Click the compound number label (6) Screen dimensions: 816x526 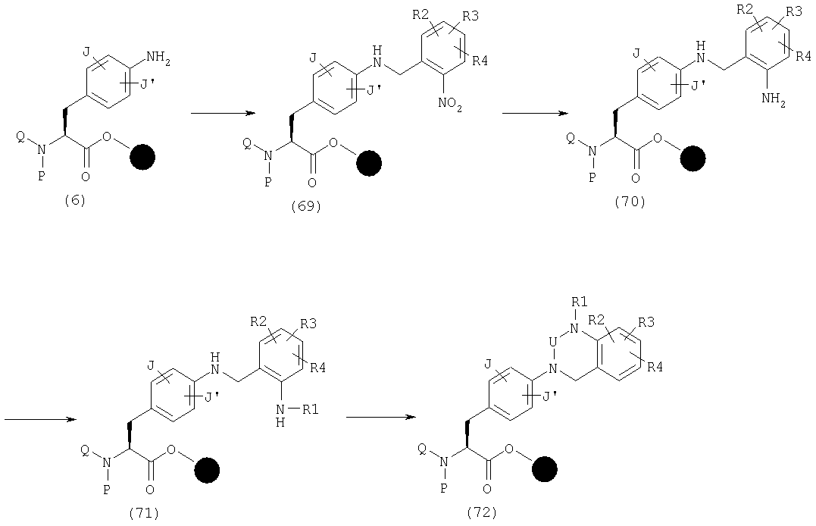pos(75,201)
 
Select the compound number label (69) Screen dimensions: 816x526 pos(307,206)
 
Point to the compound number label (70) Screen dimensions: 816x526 pos(630,201)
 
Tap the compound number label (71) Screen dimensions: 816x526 pos(144,513)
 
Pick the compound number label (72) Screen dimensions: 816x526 pos(482,512)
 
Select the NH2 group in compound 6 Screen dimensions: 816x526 pos(158,57)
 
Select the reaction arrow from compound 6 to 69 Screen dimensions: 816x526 pos(224,113)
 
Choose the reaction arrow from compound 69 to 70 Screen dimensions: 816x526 pos(535,113)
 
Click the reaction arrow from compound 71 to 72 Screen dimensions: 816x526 pos(381,417)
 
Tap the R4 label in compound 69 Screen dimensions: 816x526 pos(480,61)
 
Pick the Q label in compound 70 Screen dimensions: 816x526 pos(571,137)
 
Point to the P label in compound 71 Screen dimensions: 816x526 pos(106,490)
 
